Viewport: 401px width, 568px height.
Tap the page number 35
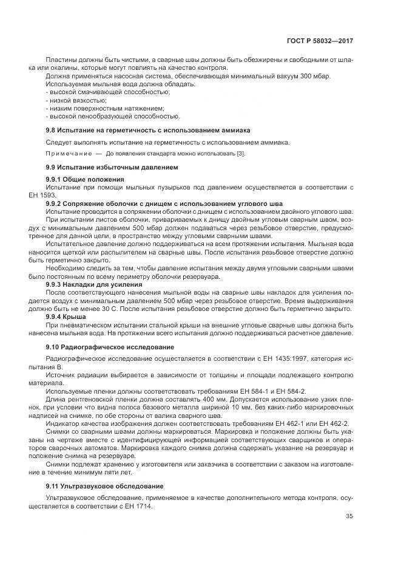[x=349, y=516]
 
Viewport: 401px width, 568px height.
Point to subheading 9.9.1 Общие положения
[x=85, y=180]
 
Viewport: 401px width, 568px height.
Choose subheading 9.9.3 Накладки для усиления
[x=94, y=284]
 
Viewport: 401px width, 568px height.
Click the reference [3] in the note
[x=240, y=154]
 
